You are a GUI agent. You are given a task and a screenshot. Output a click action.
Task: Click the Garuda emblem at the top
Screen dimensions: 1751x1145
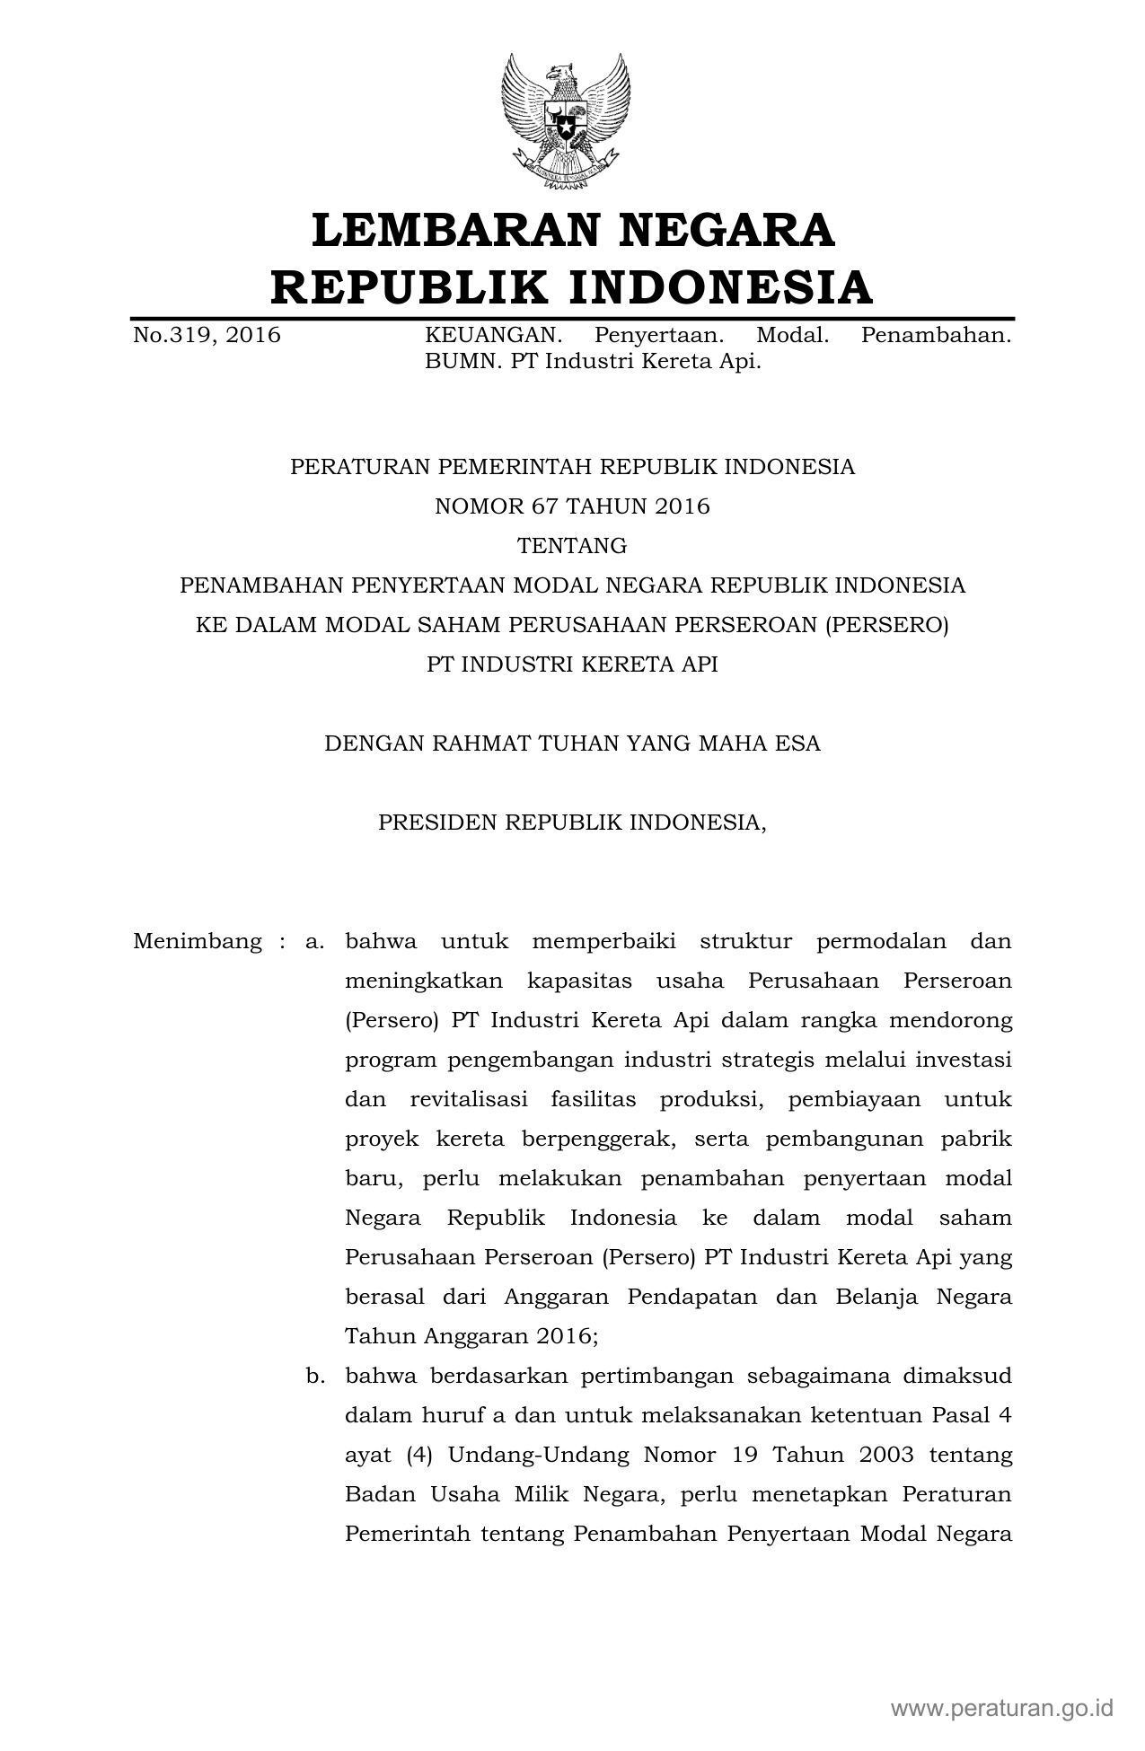tap(566, 122)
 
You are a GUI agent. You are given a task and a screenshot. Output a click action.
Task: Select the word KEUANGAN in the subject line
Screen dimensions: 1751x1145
tap(493, 336)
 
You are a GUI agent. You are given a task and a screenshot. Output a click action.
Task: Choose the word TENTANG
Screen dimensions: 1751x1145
tap(572, 546)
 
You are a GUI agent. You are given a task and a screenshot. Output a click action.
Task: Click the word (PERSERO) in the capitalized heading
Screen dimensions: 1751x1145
tap(885, 625)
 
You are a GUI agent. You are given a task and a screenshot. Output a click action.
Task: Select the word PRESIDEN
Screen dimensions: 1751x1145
tap(437, 823)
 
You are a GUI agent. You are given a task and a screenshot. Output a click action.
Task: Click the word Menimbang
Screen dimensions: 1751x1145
tap(198, 941)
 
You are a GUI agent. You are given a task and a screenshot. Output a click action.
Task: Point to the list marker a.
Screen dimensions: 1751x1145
tap(313, 941)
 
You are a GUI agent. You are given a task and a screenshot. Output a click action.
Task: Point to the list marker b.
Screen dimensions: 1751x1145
tap(314, 1376)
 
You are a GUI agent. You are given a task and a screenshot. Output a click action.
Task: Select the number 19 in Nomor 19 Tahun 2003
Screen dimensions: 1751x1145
tap(744, 1455)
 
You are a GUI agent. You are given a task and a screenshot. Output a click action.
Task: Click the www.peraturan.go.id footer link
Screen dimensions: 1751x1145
tap(1002, 1707)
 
